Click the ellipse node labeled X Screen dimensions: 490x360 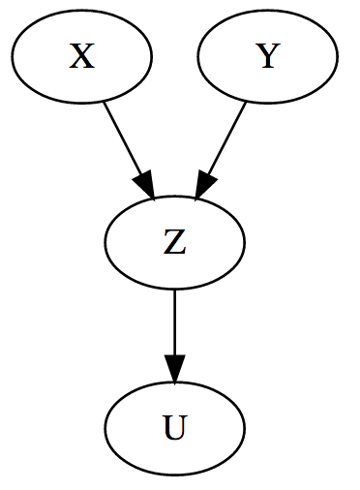tap(82, 58)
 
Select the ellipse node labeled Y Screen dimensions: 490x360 tap(267, 58)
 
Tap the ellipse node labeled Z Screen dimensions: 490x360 tap(174, 243)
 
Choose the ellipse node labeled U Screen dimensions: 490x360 tap(174, 428)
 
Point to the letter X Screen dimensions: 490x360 tap(82, 58)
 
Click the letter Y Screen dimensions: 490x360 tap(267, 58)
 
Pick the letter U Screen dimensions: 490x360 tap(174, 428)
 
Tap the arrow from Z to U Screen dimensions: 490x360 tap(174, 329)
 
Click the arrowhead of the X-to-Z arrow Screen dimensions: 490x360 tap(146, 186)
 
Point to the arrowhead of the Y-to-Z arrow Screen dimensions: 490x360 tap(203, 186)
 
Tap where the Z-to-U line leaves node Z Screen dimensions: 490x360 tap(174, 288)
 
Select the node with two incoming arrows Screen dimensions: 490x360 tap(174, 243)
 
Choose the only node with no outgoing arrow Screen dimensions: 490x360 tap(174, 428)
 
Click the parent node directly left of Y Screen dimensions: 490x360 tap(82, 58)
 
